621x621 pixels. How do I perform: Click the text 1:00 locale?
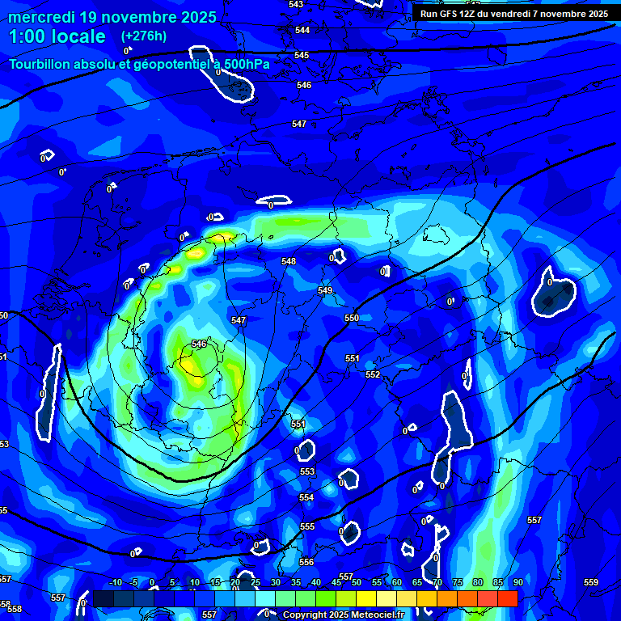pyautogui.click(x=57, y=36)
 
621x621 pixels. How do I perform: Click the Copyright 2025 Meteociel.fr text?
pyautogui.click(x=344, y=615)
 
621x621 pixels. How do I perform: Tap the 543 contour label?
pyautogui.click(x=296, y=4)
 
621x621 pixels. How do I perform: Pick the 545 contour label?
pyautogui.click(x=302, y=55)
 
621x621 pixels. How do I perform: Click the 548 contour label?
pyautogui.click(x=289, y=261)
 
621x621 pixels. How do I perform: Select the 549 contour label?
pyautogui.click(x=325, y=290)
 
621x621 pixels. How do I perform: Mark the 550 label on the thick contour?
pyautogui.click(x=352, y=318)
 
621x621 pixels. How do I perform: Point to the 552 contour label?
pyautogui.click(x=373, y=374)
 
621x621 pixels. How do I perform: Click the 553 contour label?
pyautogui.click(x=307, y=471)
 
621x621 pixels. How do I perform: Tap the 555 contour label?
pyautogui.click(x=307, y=526)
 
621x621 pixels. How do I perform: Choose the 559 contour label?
pyautogui.click(x=591, y=582)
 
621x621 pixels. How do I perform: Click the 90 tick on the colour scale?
pyautogui.click(x=517, y=582)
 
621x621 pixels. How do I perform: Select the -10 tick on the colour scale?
pyautogui.click(x=115, y=582)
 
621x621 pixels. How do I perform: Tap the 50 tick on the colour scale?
pyautogui.click(x=357, y=582)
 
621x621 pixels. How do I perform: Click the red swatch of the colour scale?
pyautogui.click(x=507, y=598)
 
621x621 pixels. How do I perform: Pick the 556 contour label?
pyautogui.click(x=306, y=562)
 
